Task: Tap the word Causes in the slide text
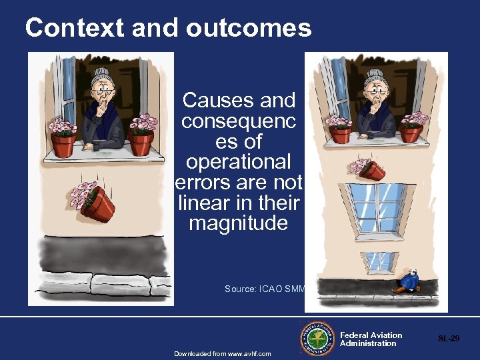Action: click(210, 101)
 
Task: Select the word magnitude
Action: click(238, 223)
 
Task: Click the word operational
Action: click(238, 162)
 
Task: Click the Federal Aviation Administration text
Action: click(371, 339)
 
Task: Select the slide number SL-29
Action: click(448, 339)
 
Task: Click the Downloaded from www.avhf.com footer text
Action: click(223, 353)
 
